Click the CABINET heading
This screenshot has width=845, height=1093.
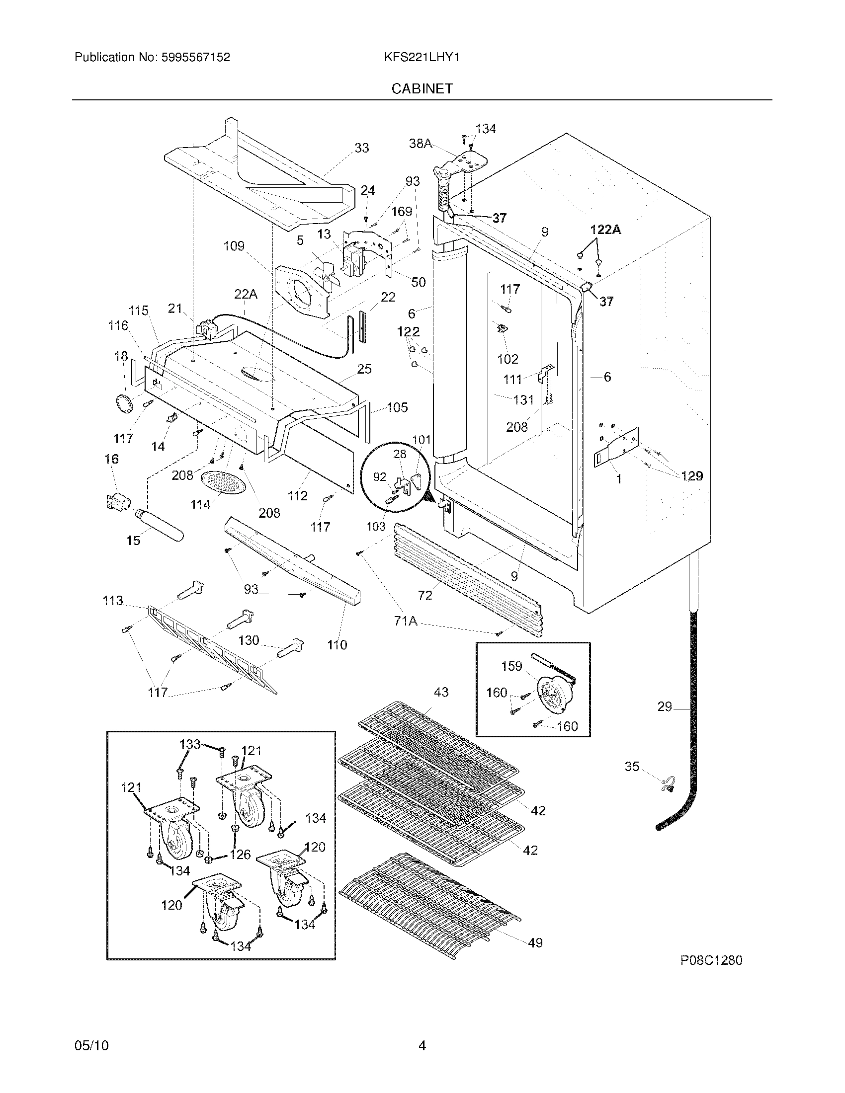click(x=422, y=88)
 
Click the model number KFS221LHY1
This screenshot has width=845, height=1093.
click(x=422, y=58)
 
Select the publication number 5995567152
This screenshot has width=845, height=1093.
click(x=196, y=58)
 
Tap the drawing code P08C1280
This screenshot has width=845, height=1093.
click(x=711, y=960)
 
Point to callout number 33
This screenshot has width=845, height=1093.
click(x=361, y=148)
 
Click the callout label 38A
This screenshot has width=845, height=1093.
click(x=420, y=144)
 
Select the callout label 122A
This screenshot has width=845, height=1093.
click(x=605, y=230)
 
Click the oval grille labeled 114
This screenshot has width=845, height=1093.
click(x=224, y=483)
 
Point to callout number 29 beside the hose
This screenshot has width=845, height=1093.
click(x=664, y=706)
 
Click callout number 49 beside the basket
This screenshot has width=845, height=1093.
click(x=535, y=943)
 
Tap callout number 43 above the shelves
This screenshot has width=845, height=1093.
click(x=441, y=692)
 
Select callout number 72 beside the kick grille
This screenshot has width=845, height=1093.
click(x=424, y=595)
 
